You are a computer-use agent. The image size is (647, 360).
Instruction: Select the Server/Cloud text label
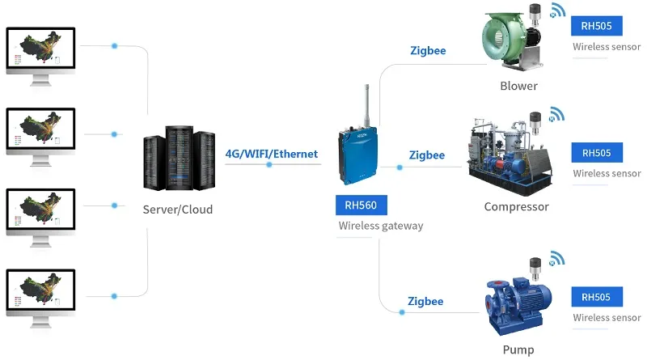click(177, 210)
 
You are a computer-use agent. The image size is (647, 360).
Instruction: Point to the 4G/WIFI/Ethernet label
click(271, 153)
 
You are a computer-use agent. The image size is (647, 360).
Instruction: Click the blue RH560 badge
click(361, 205)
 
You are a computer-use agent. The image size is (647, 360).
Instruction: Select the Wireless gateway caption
click(380, 226)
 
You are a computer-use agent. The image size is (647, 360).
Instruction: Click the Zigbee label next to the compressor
click(426, 155)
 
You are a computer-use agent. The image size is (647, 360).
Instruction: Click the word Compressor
click(516, 206)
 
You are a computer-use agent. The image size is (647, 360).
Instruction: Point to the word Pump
click(518, 349)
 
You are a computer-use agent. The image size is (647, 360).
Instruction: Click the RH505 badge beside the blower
click(596, 26)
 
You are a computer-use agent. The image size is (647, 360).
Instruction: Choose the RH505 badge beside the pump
click(596, 297)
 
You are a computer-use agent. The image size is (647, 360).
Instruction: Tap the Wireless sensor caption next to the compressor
click(607, 173)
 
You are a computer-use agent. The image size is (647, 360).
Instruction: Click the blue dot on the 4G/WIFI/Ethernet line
click(269, 164)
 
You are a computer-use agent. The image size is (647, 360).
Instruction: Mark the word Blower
click(518, 86)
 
